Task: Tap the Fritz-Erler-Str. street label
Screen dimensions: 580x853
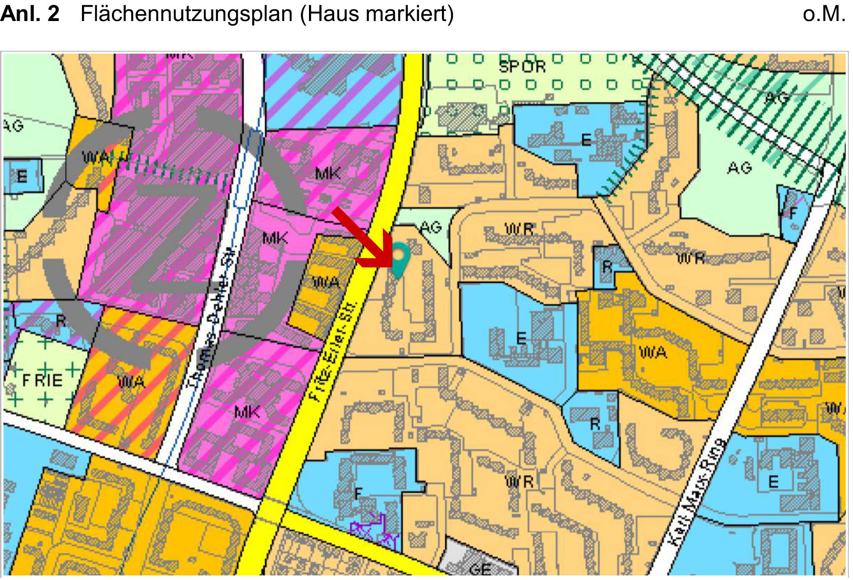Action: (334, 351)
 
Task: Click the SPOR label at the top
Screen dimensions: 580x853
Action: (522, 67)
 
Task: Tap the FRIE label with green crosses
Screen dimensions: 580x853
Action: (43, 381)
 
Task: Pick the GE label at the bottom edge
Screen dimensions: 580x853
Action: (480, 569)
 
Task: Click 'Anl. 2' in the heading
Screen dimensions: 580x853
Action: (30, 13)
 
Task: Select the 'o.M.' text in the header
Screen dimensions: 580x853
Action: (824, 13)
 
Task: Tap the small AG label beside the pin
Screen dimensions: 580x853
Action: (430, 228)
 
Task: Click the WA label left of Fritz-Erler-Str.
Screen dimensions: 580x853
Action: (326, 282)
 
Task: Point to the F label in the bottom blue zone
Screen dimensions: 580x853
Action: (357, 493)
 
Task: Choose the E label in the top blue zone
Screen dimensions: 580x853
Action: (586, 140)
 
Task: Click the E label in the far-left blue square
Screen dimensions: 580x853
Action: (21, 176)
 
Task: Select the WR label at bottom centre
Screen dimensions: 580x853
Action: (519, 482)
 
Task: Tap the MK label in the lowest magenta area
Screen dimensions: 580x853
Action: (247, 411)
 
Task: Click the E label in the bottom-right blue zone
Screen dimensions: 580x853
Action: (773, 482)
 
